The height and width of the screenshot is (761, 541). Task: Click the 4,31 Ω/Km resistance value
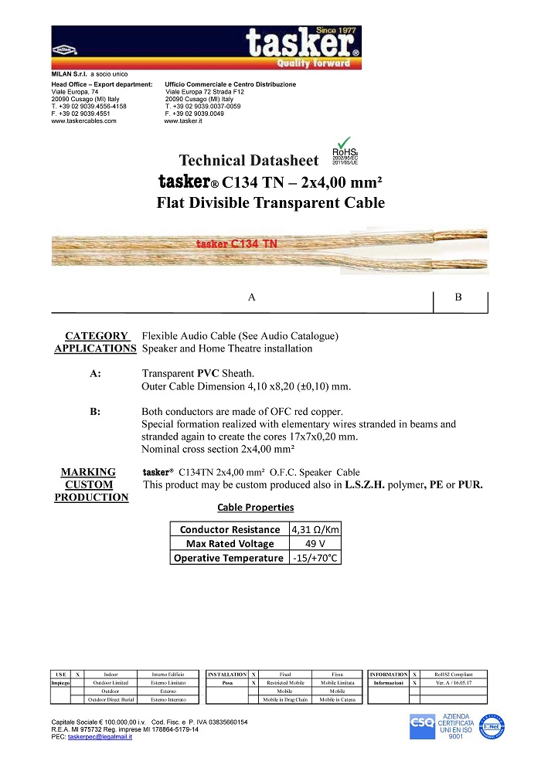[x=315, y=529]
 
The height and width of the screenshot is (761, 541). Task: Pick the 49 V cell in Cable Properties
[x=315, y=543]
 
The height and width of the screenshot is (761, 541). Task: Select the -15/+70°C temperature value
[x=315, y=557]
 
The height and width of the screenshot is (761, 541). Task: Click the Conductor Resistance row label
[x=230, y=529]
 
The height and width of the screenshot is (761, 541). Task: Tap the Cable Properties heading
[x=256, y=508]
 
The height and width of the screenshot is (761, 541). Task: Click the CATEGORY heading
[x=96, y=336]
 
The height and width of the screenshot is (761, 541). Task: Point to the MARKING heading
[x=88, y=472]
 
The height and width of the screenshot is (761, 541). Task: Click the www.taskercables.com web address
[x=83, y=121]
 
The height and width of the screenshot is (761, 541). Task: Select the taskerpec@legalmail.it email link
[x=100, y=736]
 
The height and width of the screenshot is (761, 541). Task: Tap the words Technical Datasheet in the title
[x=248, y=161]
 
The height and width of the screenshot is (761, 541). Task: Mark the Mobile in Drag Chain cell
[x=285, y=699]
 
